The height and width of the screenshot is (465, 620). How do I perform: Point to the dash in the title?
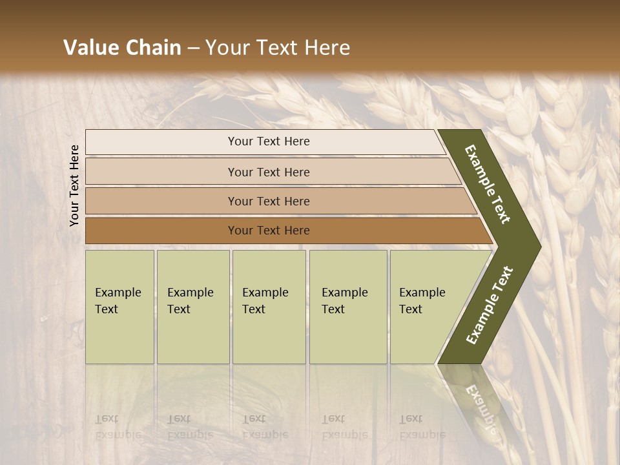193,48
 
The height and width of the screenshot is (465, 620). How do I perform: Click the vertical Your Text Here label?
74,185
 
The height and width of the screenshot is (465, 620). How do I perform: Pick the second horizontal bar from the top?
268,172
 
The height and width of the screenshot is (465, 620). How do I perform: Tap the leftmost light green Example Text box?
119,307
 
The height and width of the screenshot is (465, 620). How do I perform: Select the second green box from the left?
192,307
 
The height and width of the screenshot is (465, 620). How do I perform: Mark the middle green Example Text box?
269,307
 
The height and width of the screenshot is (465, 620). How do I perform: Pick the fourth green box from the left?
348,307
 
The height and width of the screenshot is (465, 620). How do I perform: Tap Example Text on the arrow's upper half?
488,184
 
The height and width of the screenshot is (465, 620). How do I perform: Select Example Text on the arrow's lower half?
490,305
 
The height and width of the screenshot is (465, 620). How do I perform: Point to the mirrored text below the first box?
118,427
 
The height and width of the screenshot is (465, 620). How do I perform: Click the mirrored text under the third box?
265,427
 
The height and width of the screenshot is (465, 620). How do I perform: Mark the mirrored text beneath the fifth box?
422,427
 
